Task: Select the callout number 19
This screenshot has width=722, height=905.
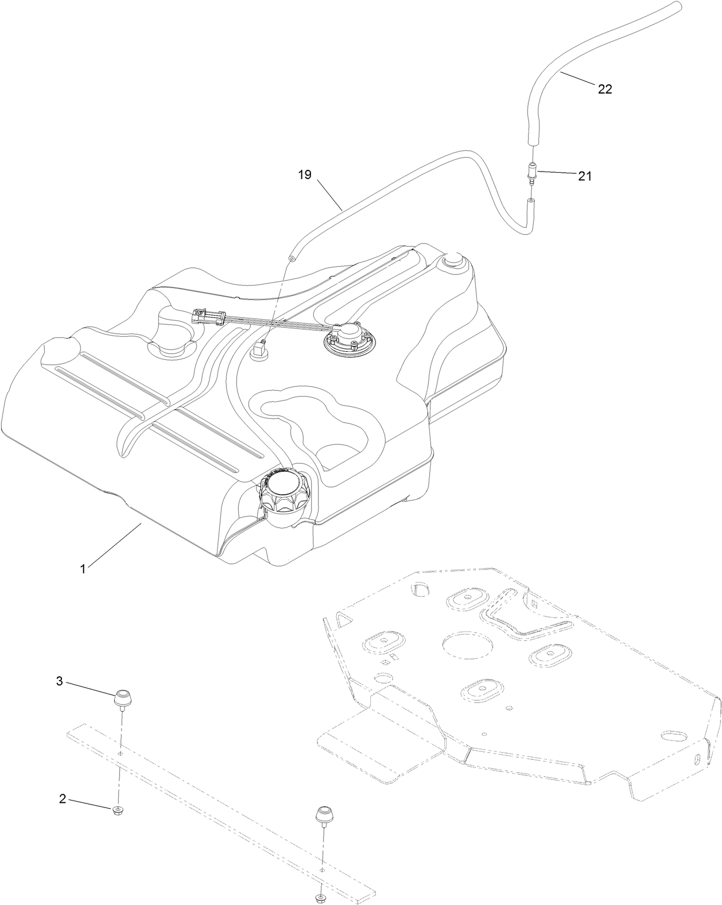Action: tap(305, 174)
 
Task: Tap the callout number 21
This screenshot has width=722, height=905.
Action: tap(584, 176)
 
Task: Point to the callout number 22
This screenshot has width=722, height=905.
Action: tap(605, 89)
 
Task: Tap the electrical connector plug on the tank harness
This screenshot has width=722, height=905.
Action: tap(207, 316)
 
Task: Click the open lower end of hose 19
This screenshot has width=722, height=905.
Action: tap(293, 259)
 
